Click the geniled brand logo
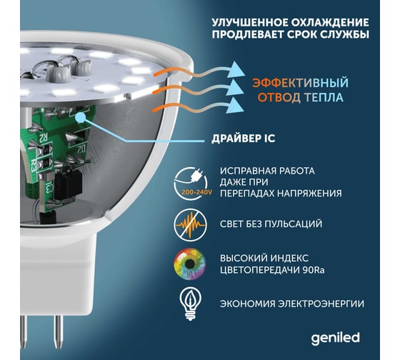[x=335, y=339]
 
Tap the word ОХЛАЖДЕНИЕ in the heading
[x=331, y=22]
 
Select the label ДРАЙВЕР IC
[x=243, y=139]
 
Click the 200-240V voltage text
[x=196, y=192]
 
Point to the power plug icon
[x=196, y=175]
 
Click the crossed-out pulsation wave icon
[x=190, y=225]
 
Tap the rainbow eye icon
[x=190, y=264]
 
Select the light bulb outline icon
[x=190, y=304]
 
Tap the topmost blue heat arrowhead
[x=236, y=69]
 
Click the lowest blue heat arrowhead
[x=236, y=105]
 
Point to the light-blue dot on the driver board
[x=81, y=118]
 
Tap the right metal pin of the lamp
[x=58, y=331]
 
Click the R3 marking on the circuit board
[x=34, y=164]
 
